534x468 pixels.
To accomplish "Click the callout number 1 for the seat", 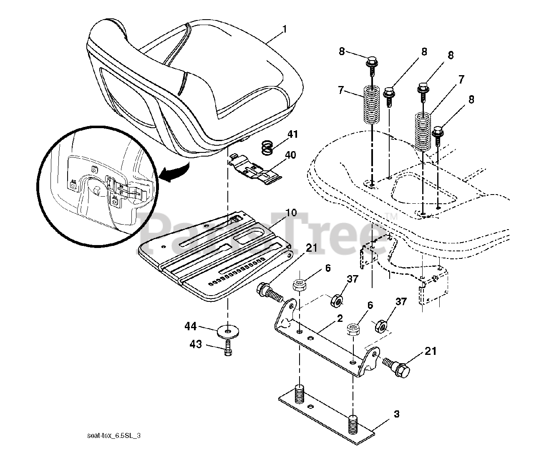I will click(x=285, y=29).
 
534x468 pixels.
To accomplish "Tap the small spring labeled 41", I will click(x=267, y=147).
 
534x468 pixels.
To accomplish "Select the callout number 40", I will click(x=290, y=155).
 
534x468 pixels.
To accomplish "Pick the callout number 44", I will click(x=191, y=327).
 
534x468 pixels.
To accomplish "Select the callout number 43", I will click(x=196, y=344).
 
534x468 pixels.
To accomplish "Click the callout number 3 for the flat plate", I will click(x=396, y=414).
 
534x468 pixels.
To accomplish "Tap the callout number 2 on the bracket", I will click(x=340, y=319).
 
